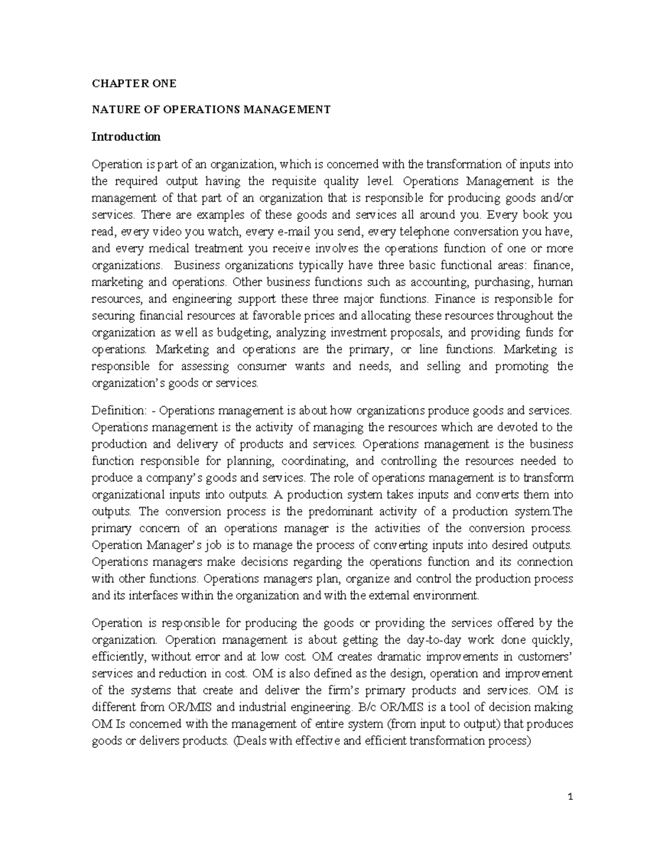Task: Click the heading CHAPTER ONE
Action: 134,83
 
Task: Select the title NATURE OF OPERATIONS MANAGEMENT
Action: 211,110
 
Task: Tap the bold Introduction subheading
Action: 126,136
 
